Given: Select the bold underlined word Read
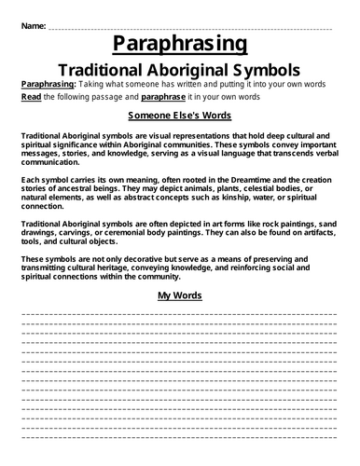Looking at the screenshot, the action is coord(30,96).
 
